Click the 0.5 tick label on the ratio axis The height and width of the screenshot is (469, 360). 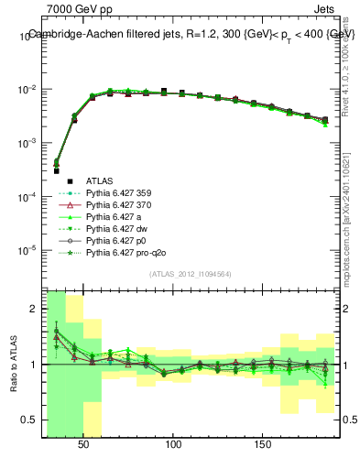29,420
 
